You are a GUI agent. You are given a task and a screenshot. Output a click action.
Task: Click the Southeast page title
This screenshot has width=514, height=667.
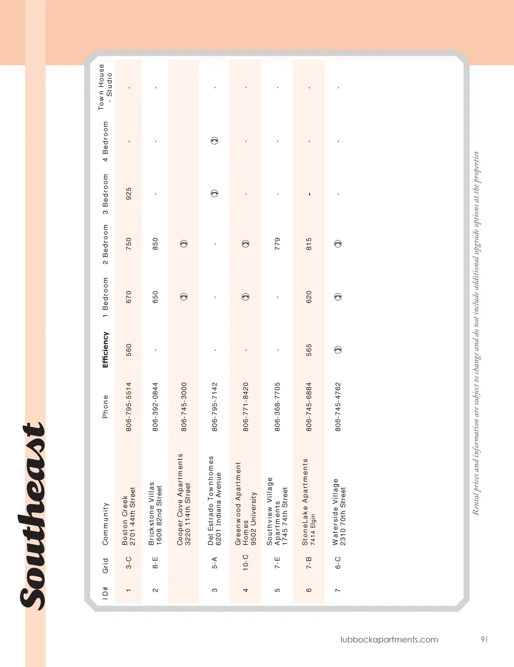tap(34, 517)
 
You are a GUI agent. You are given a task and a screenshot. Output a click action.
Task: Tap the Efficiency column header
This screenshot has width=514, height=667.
tap(105, 350)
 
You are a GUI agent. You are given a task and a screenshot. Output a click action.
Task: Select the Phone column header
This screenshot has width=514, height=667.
tap(105, 407)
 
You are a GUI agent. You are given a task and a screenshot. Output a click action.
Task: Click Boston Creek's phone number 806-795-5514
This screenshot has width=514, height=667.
tap(129, 407)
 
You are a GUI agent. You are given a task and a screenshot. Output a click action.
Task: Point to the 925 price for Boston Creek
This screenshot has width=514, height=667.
tap(129, 194)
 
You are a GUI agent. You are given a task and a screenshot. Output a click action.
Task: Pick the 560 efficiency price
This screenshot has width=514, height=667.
tap(129, 350)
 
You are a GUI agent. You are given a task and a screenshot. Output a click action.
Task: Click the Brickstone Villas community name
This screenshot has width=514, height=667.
tap(152, 514)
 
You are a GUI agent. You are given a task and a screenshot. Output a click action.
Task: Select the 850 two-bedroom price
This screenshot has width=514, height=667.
tap(156, 244)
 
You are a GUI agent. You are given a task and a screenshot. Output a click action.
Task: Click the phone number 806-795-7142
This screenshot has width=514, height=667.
tap(215, 407)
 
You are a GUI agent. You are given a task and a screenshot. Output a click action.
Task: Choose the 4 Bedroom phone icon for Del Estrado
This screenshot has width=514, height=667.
tap(215, 140)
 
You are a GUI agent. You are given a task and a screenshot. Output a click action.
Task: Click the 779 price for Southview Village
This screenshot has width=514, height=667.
tap(278, 244)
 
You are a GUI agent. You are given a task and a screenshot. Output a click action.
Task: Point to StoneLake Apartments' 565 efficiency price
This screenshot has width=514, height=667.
tap(309, 350)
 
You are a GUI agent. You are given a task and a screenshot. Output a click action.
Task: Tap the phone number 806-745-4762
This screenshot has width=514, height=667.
tap(338, 407)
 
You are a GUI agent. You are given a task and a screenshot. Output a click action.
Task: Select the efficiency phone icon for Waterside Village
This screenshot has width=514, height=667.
tap(338, 350)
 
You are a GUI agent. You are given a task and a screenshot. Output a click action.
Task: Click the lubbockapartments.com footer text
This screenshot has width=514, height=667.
tap(389, 639)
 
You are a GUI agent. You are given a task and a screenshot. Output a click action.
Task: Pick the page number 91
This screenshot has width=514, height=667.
tap(484, 639)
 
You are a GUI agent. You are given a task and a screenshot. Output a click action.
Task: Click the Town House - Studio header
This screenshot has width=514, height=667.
tap(105, 87)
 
